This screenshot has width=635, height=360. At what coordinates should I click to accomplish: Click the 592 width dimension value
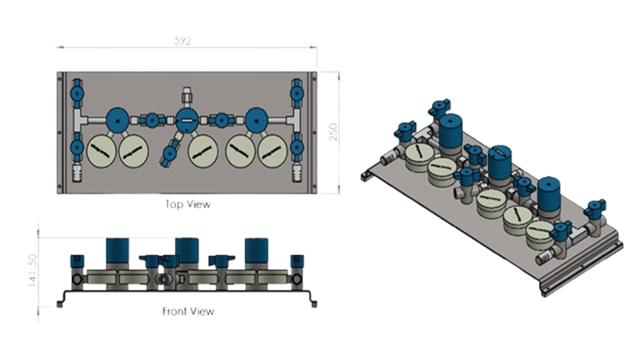tap(183, 41)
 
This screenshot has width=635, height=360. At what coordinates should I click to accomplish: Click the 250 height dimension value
tap(333, 132)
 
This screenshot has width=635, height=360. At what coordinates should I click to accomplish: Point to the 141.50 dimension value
tap(32, 270)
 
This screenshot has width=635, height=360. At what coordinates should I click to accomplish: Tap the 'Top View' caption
tap(188, 204)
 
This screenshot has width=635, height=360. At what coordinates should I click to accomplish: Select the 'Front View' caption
tap(188, 311)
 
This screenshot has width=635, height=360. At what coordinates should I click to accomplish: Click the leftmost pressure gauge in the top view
tap(101, 151)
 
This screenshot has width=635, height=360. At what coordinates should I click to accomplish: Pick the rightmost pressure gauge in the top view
tap(272, 151)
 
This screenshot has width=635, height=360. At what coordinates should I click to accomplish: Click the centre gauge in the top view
tap(203, 151)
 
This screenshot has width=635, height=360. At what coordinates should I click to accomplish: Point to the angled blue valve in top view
tap(169, 153)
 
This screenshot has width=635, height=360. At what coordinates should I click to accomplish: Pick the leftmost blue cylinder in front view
tap(117, 250)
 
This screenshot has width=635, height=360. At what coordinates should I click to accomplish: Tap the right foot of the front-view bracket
tap(314, 304)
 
